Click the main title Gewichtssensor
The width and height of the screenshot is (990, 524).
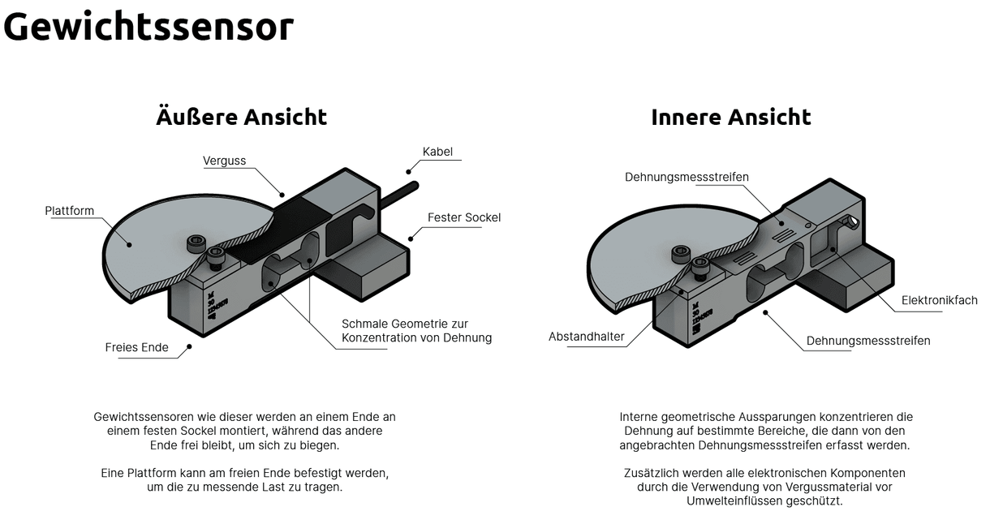(148, 27)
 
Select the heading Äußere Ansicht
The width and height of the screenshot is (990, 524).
(241, 117)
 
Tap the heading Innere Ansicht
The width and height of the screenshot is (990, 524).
(730, 117)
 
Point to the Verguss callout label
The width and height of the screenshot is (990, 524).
(224, 161)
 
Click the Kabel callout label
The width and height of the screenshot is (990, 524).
(437, 152)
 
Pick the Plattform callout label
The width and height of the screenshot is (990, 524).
(69, 211)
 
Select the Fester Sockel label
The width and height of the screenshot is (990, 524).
(463, 217)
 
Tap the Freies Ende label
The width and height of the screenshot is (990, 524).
(136, 348)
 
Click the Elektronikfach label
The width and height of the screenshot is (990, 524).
(939, 300)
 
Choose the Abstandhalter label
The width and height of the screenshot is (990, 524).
(586, 337)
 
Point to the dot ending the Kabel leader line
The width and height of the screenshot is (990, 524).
(410, 171)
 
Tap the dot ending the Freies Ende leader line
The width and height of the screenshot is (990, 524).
(189, 346)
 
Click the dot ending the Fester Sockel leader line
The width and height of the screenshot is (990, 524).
(411, 238)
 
